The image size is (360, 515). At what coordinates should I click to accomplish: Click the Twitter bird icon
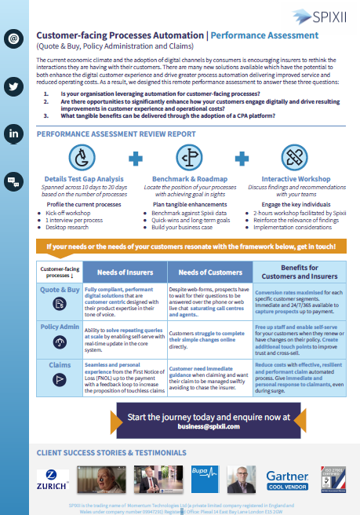click(14, 86)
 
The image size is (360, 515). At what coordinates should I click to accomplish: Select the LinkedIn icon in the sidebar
click(14, 134)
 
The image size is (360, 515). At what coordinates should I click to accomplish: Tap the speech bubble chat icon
click(14, 182)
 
